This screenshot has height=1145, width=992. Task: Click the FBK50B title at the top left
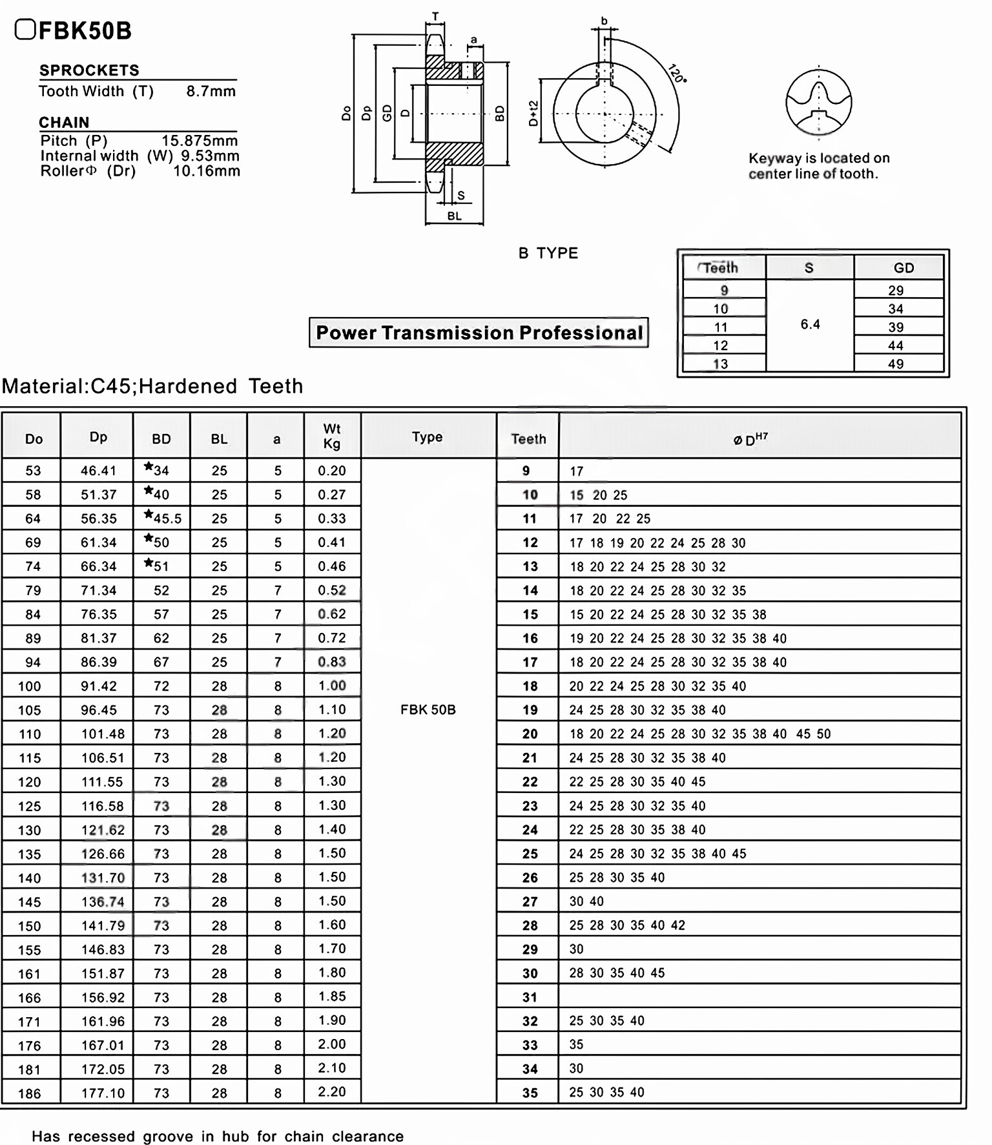point(84,30)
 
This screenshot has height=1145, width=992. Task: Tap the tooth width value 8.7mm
point(211,91)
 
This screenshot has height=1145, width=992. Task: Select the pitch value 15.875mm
point(199,141)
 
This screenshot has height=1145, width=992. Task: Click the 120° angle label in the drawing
point(676,74)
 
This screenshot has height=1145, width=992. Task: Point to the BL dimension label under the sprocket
point(454,216)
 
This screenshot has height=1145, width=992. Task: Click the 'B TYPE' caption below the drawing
point(548,253)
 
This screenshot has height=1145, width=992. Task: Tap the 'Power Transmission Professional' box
point(479,333)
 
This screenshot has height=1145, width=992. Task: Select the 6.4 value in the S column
point(810,324)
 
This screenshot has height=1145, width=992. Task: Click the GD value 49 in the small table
point(895,364)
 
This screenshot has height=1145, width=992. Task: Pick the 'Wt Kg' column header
point(331,436)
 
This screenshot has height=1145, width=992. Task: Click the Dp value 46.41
point(98,471)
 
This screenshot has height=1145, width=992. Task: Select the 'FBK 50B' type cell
point(428,710)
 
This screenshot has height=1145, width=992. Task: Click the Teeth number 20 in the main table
point(530,734)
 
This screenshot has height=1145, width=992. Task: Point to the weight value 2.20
point(331,1091)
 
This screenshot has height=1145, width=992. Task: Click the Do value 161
point(30,974)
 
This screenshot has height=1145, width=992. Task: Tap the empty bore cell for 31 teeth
point(759,996)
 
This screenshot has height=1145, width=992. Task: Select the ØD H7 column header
point(750,439)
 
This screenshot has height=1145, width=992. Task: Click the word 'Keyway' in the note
point(774,158)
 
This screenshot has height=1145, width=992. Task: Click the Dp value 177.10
point(102,1093)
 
